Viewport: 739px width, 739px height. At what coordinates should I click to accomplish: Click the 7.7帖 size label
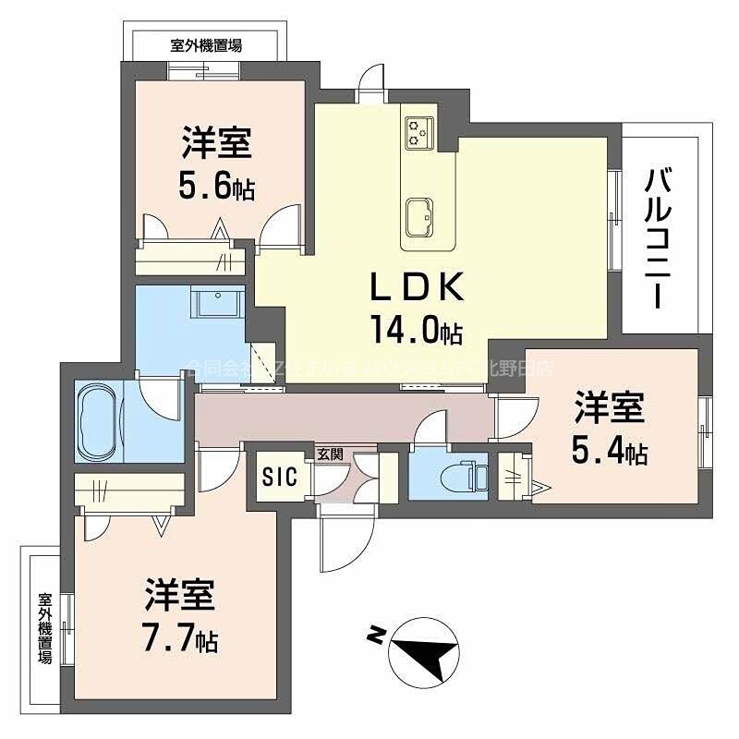[x=180, y=637]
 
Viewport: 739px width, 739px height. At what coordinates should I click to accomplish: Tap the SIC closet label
[x=279, y=477]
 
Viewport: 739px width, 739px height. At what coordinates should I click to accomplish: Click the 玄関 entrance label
[x=330, y=454]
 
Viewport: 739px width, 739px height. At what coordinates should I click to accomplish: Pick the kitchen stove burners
[x=418, y=132]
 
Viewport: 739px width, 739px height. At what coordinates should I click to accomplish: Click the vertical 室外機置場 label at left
[x=44, y=627]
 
